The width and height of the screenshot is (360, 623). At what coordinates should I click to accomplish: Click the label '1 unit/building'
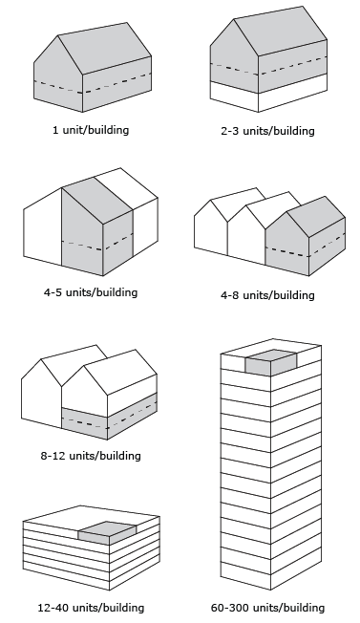(x=90, y=130)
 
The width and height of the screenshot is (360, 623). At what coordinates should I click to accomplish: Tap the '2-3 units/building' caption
(x=266, y=131)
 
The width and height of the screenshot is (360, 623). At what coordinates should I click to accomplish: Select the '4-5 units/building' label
(x=90, y=291)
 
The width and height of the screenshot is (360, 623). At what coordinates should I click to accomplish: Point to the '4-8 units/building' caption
(x=266, y=295)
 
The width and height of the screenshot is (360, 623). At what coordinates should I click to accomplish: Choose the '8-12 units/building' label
(x=90, y=456)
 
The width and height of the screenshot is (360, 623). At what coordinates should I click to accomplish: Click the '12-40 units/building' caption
(x=92, y=607)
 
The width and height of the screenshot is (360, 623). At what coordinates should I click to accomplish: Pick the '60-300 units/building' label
(x=266, y=607)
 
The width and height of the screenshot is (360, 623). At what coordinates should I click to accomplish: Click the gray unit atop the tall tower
(x=269, y=361)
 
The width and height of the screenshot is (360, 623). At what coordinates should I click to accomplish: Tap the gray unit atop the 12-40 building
(x=106, y=533)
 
